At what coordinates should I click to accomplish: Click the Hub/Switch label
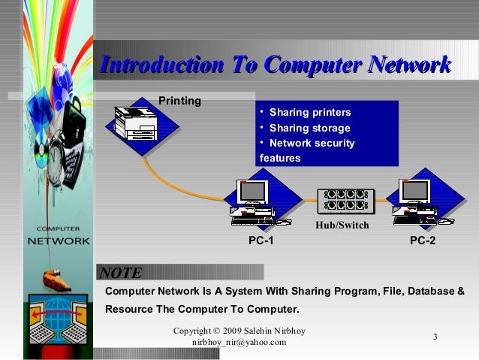pyautogui.click(x=342, y=224)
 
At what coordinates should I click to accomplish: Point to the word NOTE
pyautogui.click(x=120, y=273)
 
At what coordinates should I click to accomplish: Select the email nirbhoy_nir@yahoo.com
pyautogui.click(x=239, y=343)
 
